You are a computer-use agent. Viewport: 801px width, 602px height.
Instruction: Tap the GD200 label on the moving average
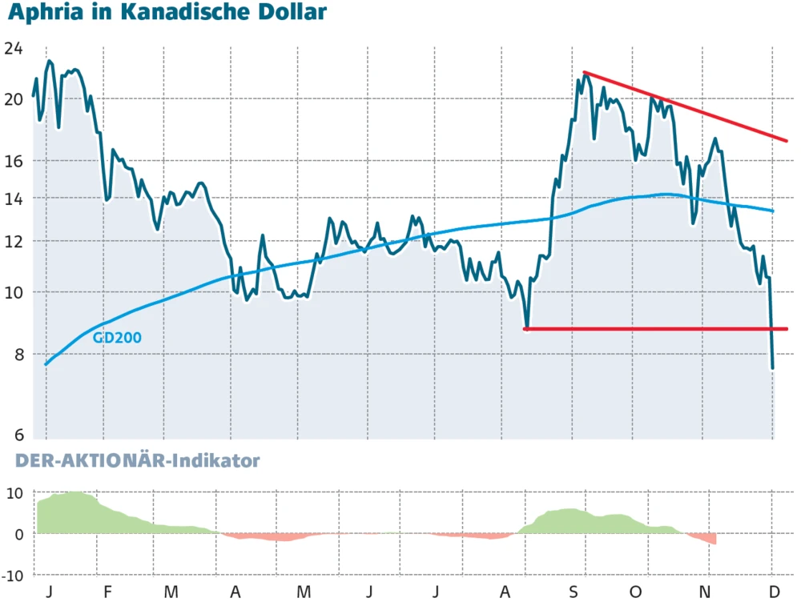point(117,338)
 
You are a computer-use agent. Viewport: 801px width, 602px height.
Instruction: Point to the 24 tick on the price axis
point(13,49)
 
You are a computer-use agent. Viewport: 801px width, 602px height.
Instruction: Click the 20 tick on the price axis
point(13,99)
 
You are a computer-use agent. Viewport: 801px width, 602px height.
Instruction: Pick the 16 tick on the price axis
point(13,161)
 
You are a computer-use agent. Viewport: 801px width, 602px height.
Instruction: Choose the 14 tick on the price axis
point(13,198)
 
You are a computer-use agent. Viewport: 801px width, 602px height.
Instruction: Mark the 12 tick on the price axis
point(13,241)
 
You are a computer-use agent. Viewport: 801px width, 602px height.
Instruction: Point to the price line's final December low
point(773,367)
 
